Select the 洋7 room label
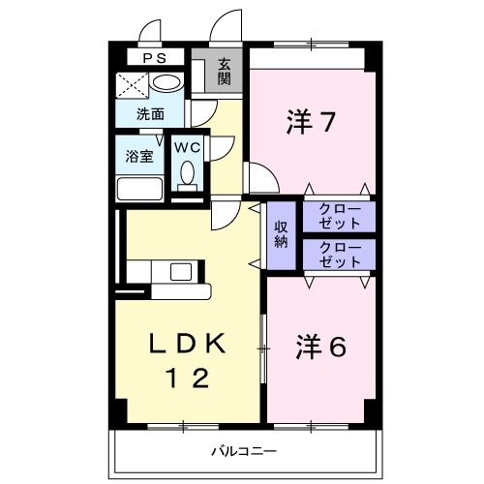[310, 123]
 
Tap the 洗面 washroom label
[149, 114]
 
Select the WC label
[188, 147]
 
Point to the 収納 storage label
[281, 234]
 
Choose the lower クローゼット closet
[338, 255]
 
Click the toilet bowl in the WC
[189, 174]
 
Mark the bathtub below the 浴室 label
[139, 187]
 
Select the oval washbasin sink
[166, 83]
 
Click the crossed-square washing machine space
[131, 84]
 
